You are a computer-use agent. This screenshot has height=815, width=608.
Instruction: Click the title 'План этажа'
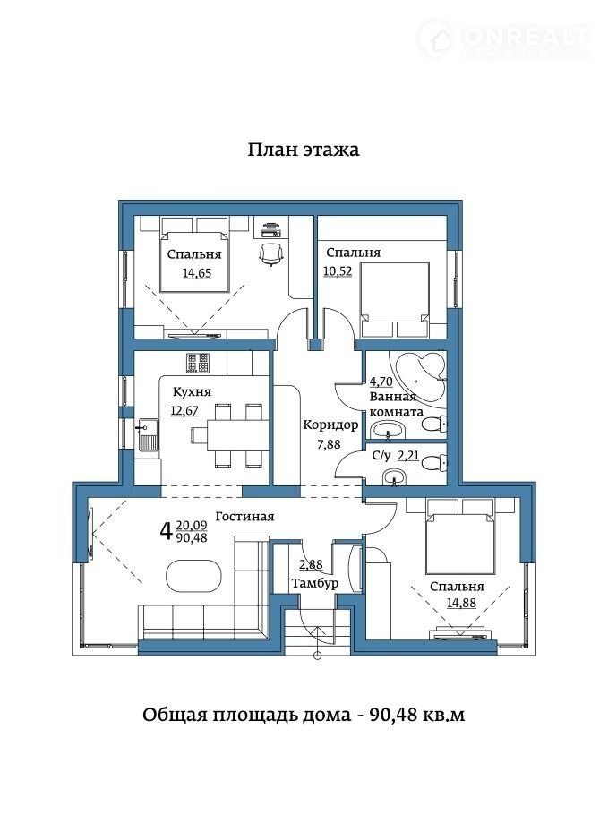pos(303,150)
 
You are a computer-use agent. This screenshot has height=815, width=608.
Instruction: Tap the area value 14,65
pos(197,273)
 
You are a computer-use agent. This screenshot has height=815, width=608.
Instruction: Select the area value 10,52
pos(338,270)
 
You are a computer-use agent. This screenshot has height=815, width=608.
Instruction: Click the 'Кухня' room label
pos(192,391)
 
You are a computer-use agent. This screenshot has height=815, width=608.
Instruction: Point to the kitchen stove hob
pos(198,363)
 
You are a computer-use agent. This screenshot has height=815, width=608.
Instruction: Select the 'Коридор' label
pos(330,425)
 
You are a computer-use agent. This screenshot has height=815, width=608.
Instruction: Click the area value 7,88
pos(329,444)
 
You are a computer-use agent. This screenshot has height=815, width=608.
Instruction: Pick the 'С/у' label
pos(381,456)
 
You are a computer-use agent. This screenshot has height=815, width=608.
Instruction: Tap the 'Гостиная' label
pos(244,516)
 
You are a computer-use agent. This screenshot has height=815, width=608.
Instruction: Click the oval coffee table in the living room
pos(193,575)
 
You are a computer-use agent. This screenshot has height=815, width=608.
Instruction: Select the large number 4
pos(166,531)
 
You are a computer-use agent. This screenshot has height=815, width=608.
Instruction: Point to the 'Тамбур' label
pos(315,584)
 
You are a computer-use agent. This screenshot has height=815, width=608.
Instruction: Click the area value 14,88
pos(461,603)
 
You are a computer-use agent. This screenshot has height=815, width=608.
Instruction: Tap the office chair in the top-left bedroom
pos(271,253)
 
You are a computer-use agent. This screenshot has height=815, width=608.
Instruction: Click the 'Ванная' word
pos(393,397)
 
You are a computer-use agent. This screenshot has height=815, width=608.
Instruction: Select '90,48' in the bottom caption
pos(393,716)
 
